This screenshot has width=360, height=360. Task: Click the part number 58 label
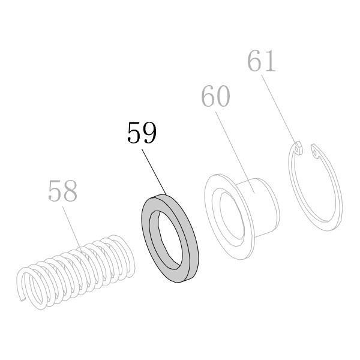(x=62, y=191)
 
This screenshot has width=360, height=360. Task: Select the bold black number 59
(x=142, y=133)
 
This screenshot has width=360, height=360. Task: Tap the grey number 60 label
(x=215, y=96)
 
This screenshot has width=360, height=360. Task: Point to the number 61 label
(x=261, y=61)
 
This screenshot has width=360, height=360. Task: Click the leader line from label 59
(x=154, y=172)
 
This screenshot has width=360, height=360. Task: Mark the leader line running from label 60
(x=235, y=152)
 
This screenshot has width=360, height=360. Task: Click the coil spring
(x=76, y=271)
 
